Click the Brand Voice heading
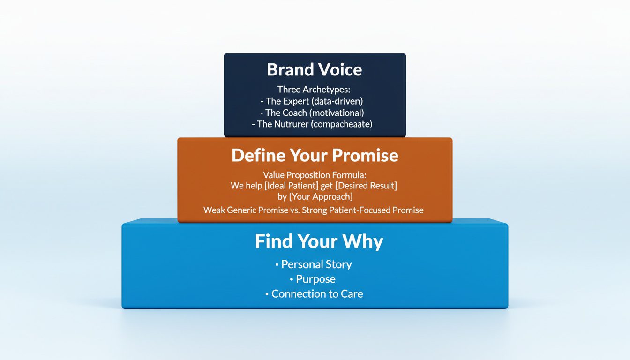(x=315, y=70)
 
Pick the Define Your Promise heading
(x=315, y=155)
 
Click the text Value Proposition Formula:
(x=315, y=175)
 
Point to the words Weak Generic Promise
(x=246, y=210)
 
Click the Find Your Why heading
(x=319, y=241)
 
